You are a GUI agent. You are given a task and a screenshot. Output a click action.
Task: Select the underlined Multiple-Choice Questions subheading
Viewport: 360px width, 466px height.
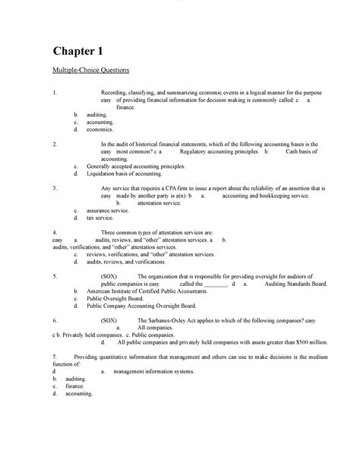(x=90, y=71)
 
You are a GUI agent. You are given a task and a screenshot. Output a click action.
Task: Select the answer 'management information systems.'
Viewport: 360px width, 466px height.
(x=153, y=371)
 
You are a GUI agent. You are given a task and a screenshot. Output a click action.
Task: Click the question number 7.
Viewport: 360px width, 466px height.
(x=54, y=357)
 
